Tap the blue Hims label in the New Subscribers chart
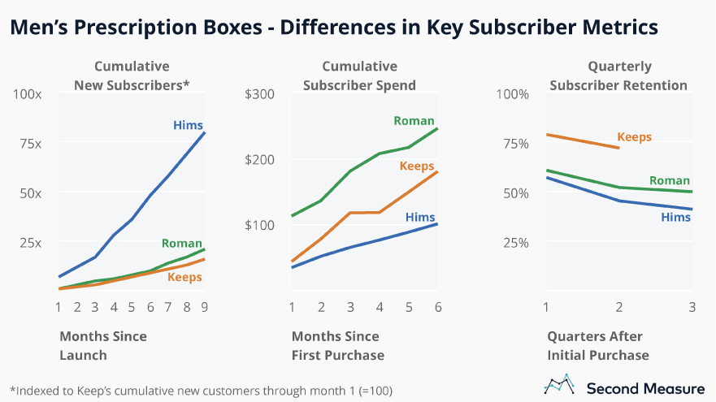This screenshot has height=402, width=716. (188, 125)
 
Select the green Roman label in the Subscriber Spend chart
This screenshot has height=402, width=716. (414, 120)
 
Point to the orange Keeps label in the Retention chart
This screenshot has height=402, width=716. (635, 136)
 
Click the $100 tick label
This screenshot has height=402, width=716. (260, 225)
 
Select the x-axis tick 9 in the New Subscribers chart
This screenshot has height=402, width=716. (206, 308)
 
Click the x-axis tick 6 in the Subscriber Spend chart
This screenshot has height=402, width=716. (437, 308)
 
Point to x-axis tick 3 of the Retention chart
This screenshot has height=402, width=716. (692, 308)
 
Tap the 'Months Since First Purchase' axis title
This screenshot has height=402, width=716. (337, 345)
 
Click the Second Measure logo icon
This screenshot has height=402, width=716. (558, 385)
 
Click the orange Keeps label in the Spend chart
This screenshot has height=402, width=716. (417, 166)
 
